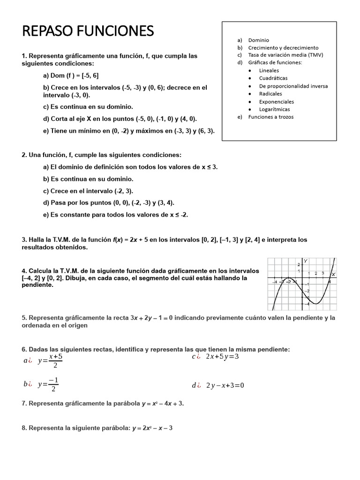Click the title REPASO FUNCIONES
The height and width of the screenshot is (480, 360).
(88, 31)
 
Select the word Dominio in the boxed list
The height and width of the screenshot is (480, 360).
(258, 40)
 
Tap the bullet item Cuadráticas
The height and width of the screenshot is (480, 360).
(273, 78)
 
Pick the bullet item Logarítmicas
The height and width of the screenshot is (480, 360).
(274, 109)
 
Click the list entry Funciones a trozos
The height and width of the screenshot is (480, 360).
(270, 117)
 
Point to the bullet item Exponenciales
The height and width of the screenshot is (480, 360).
(277, 101)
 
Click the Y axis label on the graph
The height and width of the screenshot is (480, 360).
(306, 261)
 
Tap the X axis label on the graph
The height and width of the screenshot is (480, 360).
(333, 274)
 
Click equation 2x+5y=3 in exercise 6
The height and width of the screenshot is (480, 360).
(222, 357)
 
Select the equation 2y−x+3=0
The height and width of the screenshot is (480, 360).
(225, 386)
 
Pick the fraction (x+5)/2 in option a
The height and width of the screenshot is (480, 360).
(55, 361)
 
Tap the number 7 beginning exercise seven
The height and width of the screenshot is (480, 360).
(24, 403)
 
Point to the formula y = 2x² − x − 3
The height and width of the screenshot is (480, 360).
(152, 428)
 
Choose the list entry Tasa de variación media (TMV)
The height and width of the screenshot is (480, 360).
(285, 55)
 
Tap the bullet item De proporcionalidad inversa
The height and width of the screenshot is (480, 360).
(293, 86)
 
